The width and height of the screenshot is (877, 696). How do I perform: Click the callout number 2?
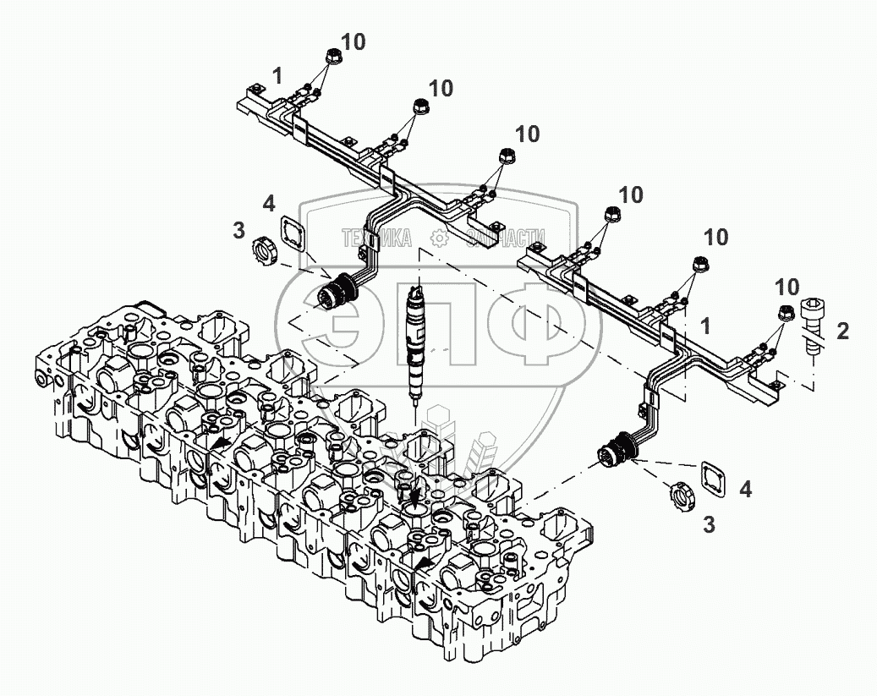pos(841,332)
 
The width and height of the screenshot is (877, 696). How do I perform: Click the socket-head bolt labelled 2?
pos(814,325)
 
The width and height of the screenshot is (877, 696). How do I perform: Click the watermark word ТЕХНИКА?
pos(376,238)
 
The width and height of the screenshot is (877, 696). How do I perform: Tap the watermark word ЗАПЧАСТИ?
pos(505,238)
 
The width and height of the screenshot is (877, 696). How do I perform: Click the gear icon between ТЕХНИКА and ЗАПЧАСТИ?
pos(438,239)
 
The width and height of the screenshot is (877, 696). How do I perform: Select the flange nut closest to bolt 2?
pos(785,312)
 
